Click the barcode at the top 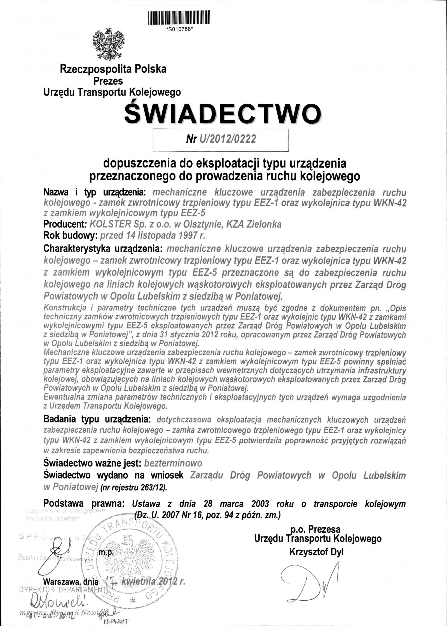[x=179, y=18]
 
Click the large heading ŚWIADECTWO [x=223, y=114]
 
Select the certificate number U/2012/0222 [x=226, y=139]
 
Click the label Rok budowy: [x=71, y=235]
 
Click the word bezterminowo [x=173, y=463]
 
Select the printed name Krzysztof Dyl [x=317, y=544]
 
